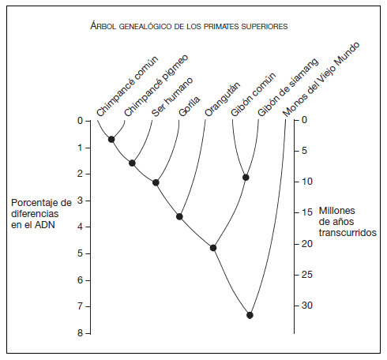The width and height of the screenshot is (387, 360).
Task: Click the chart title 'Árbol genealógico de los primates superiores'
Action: [189, 26]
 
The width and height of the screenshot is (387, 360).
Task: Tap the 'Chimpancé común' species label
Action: [127, 86]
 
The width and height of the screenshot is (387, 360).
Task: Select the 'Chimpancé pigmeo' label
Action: [156, 85]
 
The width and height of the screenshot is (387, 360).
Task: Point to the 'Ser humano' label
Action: [172, 97]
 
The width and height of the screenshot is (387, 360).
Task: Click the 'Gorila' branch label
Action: [190, 106]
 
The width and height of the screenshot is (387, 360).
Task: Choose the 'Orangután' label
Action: [223, 99]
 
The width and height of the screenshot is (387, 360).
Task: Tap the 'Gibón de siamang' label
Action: [288, 88]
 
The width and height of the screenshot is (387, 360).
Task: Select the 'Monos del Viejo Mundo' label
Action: [321, 79]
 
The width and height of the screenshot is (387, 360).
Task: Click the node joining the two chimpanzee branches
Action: [111, 139]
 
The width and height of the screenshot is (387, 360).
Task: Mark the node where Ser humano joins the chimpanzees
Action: [132, 163]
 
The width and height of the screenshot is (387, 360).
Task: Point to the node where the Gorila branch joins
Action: [156, 182]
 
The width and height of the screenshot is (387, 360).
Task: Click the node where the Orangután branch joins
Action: [179, 216]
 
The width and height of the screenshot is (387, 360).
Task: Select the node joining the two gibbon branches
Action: [246, 178]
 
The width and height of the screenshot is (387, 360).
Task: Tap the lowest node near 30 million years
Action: [250, 315]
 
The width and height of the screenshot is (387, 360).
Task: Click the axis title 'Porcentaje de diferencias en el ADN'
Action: [41, 214]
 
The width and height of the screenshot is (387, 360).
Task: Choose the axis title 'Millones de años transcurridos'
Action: [348, 222]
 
